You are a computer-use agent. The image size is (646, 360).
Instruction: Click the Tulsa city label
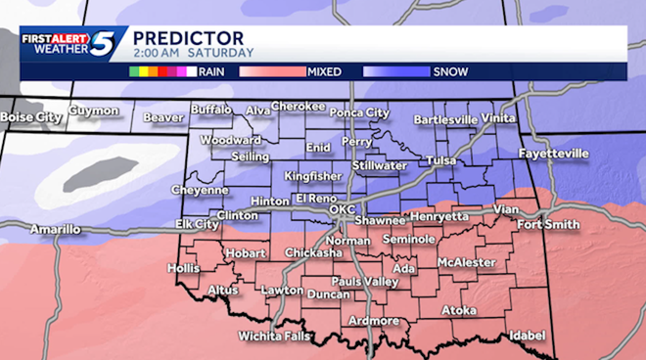click(442, 160)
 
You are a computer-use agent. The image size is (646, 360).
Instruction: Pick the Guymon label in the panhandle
click(93, 112)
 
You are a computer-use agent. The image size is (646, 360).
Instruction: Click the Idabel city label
click(526, 335)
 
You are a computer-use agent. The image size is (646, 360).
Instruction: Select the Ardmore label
click(373, 320)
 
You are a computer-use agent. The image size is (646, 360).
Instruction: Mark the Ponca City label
click(358, 112)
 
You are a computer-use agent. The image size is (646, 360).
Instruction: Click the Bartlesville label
click(445, 119)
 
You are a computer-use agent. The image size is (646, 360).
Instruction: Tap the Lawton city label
click(282, 291)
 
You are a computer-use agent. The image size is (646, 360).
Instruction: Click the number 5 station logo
click(104, 44)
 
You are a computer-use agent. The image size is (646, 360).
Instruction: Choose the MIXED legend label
click(325, 71)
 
